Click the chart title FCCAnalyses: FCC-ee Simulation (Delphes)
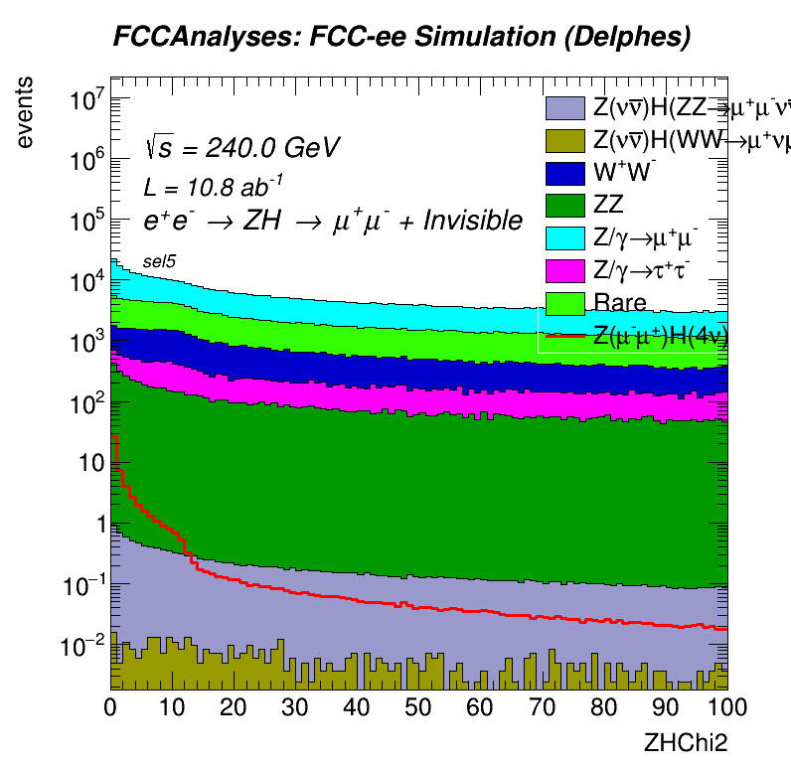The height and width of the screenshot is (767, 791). click(401, 38)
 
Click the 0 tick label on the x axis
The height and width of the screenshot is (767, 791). click(111, 707)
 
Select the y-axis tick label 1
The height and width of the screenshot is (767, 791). click(96, 524)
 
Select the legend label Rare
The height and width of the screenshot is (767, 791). click(619, 303)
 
